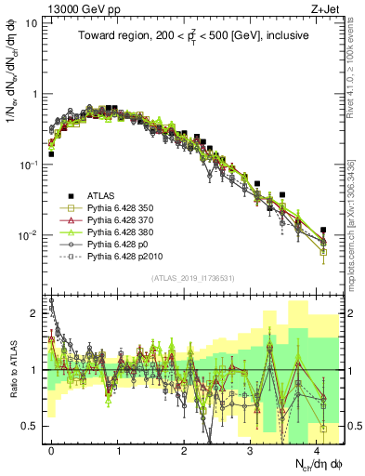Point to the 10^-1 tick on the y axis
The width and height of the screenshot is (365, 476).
pyautogui.click(x=28, y=165)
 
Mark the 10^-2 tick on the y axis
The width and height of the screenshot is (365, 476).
pyautogui.click(x=28, y=235)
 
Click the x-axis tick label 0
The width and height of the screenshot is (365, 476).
pyautogui.click(x=51, y=449)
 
